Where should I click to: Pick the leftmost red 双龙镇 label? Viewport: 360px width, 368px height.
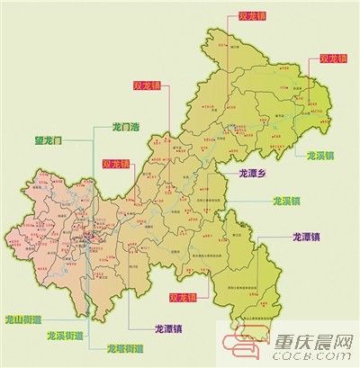[x=116, y=165]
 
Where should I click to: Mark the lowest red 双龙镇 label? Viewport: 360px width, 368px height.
[x=184, y=297]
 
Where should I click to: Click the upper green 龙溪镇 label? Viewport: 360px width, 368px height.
[x=322, y=155]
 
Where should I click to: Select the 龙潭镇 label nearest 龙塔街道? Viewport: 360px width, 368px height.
[x=172, y=328]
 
